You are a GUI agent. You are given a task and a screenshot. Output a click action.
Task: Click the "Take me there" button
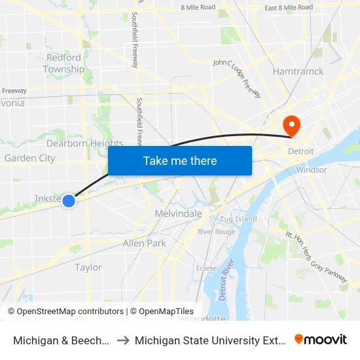[x=180, y=160]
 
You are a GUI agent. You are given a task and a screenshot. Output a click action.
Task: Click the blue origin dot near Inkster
[x=69, y=201]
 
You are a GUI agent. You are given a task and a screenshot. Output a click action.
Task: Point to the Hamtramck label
[x=298, y=71]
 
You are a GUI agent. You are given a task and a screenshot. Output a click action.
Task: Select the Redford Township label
[x=63, y=63]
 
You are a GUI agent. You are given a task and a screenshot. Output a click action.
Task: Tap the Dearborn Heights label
[x=84, y=143]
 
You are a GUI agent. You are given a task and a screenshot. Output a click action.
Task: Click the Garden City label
[x=29, y=158]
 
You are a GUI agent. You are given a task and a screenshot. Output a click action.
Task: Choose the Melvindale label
[x=178, y=214]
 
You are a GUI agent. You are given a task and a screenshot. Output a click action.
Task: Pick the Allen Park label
[x=145, y=243]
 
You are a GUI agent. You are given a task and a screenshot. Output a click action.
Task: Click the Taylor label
[x=88, y=267]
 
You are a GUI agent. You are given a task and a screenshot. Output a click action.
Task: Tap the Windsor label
[x=311, y=170]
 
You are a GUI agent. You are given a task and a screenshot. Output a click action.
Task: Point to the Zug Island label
[x=239, y=219]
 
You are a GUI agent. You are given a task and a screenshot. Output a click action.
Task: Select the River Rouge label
[x=216, y=232]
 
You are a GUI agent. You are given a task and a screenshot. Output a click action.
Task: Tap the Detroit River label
[x=227, y=281]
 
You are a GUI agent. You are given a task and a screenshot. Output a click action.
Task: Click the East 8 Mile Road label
[x=289, y=8]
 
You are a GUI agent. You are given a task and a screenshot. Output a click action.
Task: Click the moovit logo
[x=320, y=339]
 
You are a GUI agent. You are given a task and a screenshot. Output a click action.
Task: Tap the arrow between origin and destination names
[x=122, y=340]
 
